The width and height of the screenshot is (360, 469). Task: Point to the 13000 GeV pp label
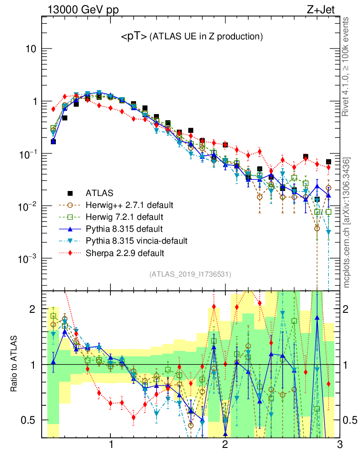click(82, 9)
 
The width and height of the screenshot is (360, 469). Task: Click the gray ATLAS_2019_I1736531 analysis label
click(190, 274)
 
